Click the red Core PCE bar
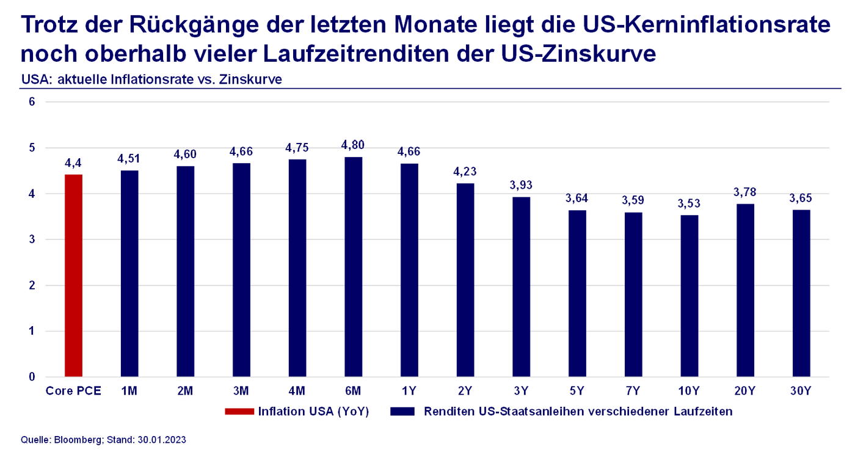(x=73, y=275)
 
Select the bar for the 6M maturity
(x=353, y=267)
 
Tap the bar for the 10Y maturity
(x=689, y=296)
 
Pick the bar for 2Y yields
(x=465, y=280)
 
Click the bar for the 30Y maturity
(x=801, y=293)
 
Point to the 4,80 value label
(x=353, y=145)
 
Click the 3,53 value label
(x=689, y=203)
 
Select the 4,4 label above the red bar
(x=73, y=163)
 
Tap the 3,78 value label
(x=745, y=192)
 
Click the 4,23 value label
(x=465, y=172)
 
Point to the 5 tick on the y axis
(x=32, y=148)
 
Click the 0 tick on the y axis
(x=32, y=377)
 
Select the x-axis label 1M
(x=129, y=391)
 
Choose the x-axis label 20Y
(x=745, y=391)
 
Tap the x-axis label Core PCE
(x=73, y=391)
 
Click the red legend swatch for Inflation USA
(x=239, y=411)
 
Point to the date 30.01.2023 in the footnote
(x=161, y=439)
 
